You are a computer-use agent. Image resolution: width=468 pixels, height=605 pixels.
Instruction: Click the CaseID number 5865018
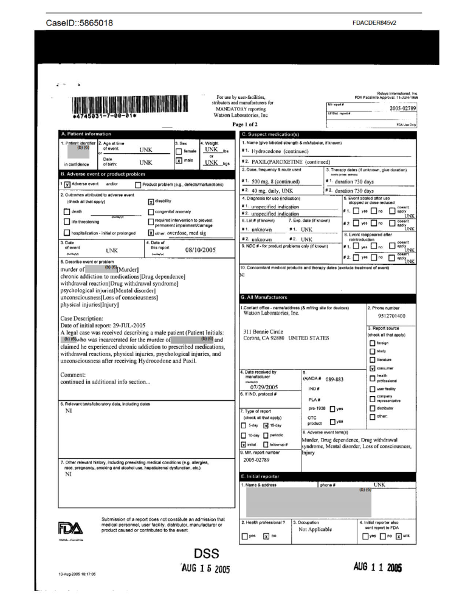point(91,24)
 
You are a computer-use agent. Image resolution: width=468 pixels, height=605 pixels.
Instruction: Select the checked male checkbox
point(178,161)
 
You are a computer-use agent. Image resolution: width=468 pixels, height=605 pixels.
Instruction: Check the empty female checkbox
point(178,151)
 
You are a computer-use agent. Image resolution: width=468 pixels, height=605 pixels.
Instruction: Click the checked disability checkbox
point(151,201)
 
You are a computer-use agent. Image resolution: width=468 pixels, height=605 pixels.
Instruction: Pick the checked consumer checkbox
point(372,367)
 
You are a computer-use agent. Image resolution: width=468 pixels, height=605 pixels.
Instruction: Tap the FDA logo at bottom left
point(70,525)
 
